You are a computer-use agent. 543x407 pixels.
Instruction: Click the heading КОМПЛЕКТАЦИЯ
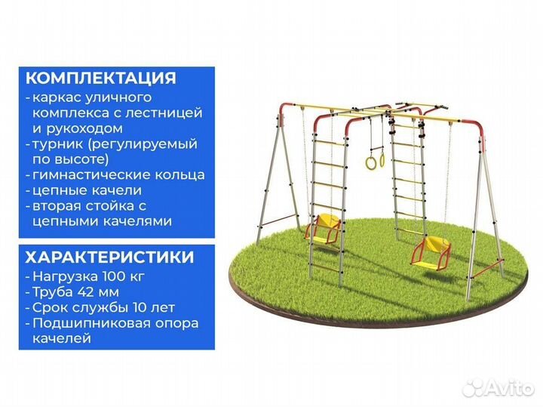101,79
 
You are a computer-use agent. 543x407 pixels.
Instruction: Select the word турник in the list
59,143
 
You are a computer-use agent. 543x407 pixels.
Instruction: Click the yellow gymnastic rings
375,159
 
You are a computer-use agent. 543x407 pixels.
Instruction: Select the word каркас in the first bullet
54,97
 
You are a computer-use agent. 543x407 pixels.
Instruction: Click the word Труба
51,291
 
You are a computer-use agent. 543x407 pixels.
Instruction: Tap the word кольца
185,175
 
